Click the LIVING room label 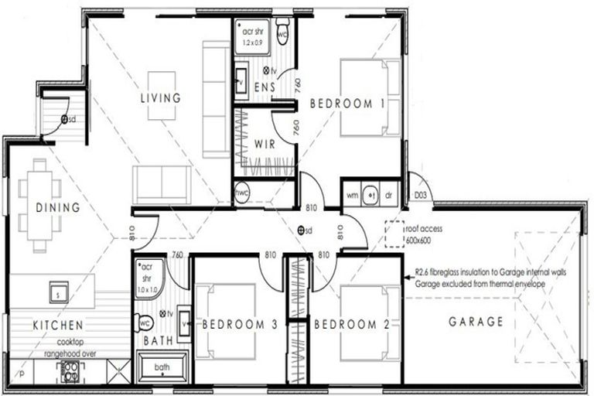click(160, 98)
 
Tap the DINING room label click(58, 207)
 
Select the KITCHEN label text click(58, 325)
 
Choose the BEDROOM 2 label click(352, 325)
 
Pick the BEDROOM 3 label click(240, 326)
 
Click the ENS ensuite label click(265, 87)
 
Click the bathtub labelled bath click(162, 367)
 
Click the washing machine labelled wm click(353, 195)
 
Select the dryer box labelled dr click(389, 195)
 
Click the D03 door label click(422, 195)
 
